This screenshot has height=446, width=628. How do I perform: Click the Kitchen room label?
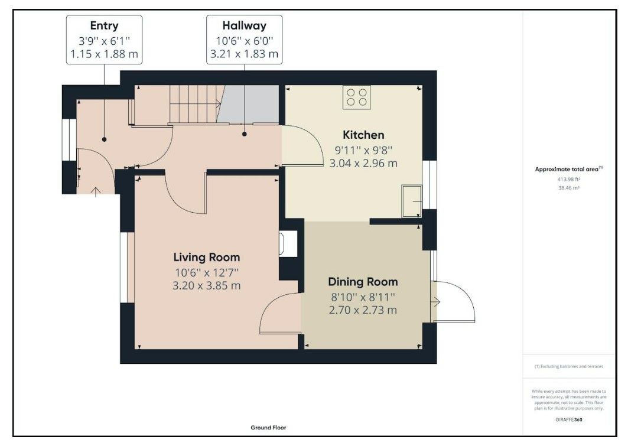(x=363, y=135)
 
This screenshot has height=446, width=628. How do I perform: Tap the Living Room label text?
(x=207, y=258)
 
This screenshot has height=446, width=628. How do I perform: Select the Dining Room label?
(x=363, y=282)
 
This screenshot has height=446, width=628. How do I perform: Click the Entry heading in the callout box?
(x=104, y=26)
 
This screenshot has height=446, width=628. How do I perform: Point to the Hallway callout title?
(x=245, y=25)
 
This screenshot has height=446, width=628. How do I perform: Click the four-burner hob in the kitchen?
(x=356, y=97)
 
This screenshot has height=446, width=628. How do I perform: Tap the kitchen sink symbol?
(x=412, y=201)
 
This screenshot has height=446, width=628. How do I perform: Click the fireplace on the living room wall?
(x=288, y=244)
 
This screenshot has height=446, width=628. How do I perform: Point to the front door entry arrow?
(x=95, y=192)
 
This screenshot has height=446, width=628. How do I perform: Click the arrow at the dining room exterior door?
(x=436, y=302)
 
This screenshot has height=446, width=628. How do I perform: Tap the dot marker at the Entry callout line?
(x=104, y=139)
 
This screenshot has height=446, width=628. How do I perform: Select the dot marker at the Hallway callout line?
(x=245, y=134)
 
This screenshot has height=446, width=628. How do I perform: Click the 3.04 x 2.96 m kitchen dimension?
(x=363, y=164)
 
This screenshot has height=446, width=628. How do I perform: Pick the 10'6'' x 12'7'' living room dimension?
(x=207, y=273)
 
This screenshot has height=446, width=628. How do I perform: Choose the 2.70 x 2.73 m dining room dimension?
(x=363, y=310)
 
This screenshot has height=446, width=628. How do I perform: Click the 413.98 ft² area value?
(x=569, y=180)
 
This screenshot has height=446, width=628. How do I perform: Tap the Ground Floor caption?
(x=268, y=428)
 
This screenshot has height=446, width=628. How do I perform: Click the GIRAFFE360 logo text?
(x=569, y=419)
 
